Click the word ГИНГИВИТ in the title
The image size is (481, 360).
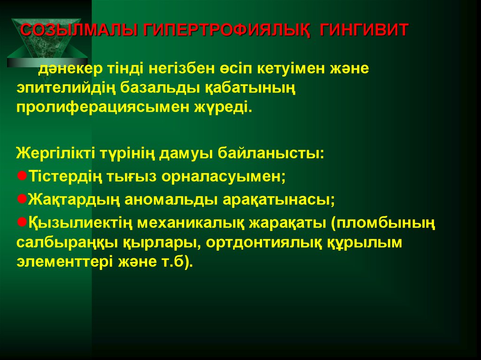(364, 31)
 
